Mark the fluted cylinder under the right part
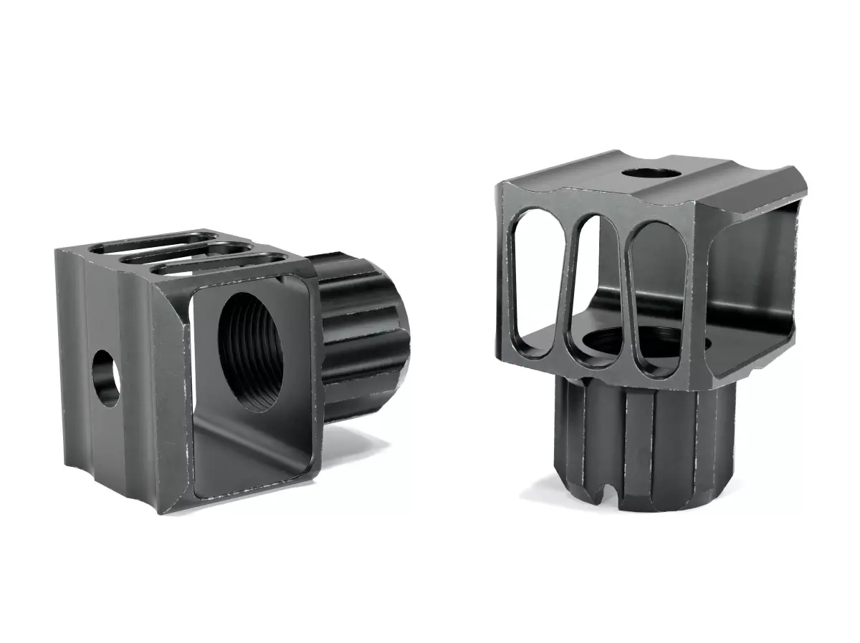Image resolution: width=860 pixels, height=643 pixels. point(645,444)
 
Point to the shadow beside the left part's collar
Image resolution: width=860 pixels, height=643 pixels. point(373,437)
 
